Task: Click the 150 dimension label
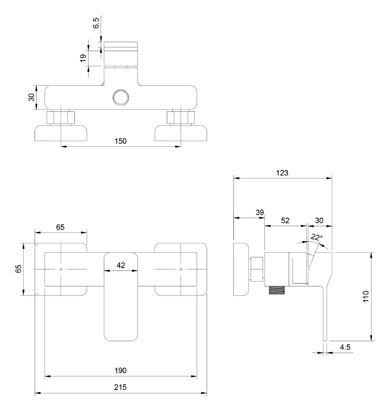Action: [121, 141]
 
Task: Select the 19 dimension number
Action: [83, 58]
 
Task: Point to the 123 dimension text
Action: [283, 173]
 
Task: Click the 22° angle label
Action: [317, 238]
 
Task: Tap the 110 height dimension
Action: [365, 296]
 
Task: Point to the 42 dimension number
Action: [120, 266]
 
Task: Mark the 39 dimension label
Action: [259, 213]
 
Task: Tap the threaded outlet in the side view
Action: [277, 290]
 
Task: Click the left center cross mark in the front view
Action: [61, 269]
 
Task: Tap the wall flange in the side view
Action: [242, 269]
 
